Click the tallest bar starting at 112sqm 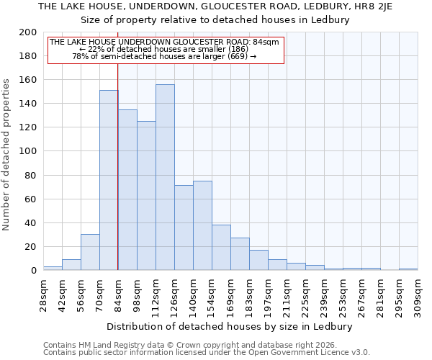tap(165, 177)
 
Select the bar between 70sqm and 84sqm tap(109, 180)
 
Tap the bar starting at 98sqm tap(146, 195)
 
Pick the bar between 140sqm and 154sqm tap(202, 225)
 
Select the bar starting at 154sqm tap(221, 247)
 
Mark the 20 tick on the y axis tap(31, 247)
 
